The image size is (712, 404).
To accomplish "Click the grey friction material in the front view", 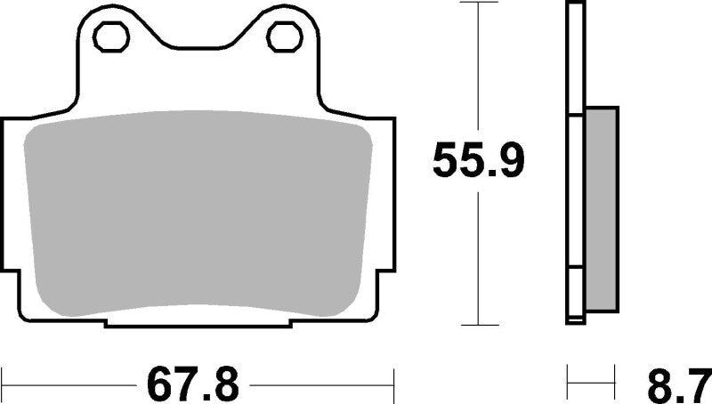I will [198, 214].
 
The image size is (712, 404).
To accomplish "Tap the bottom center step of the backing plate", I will [198, 322].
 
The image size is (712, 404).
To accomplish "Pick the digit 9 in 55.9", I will [511, 161].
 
